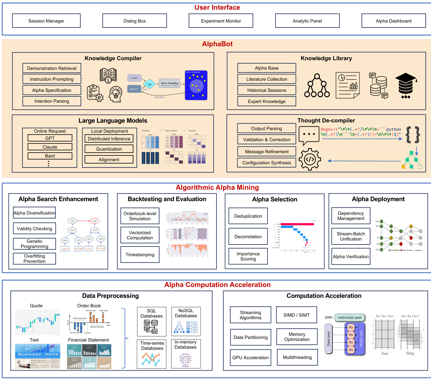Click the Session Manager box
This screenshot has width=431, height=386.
(46, 21)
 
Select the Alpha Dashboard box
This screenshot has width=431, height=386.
(393, 21)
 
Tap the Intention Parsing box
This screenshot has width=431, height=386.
(52, 101)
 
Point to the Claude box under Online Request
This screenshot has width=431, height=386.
(50, 147)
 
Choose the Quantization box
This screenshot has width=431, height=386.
(109, 149)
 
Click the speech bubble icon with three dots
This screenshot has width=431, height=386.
(309, 135)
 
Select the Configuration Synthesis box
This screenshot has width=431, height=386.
(266, 163)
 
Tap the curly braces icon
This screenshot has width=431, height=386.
(413, 134)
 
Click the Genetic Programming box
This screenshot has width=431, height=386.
(35, 244)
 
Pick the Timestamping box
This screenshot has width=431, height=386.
(140, 254)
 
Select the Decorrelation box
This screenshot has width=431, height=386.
(248, 237)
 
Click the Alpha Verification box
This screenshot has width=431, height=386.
(351, 256)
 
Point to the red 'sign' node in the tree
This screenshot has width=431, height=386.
(95, 221)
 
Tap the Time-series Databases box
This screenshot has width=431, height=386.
(152, 354)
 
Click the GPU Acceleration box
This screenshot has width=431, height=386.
(250, 357)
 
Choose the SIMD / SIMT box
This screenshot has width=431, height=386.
(296, 315)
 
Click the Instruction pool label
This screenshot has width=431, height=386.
(349, 318)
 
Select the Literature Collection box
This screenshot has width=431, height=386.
(266, 79)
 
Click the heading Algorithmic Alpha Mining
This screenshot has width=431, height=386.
(217, 187)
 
